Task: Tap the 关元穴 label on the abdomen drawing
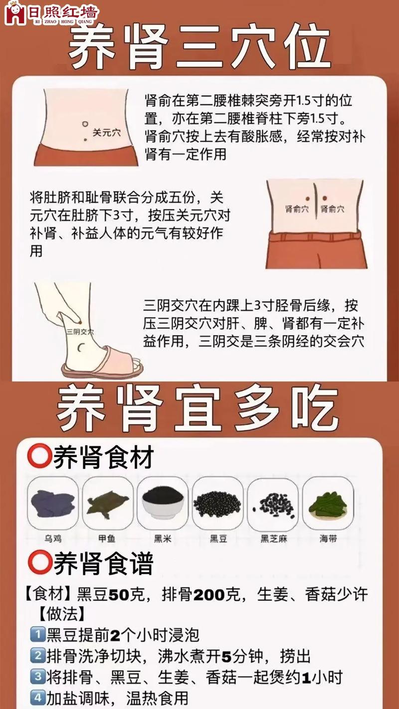(x=107, y=133)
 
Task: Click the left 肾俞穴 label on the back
(x=297, y=209)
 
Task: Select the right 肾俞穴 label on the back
(x=332, y=209)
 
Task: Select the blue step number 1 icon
(x=38, y=635)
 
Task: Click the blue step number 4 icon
(x=38, y=697)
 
